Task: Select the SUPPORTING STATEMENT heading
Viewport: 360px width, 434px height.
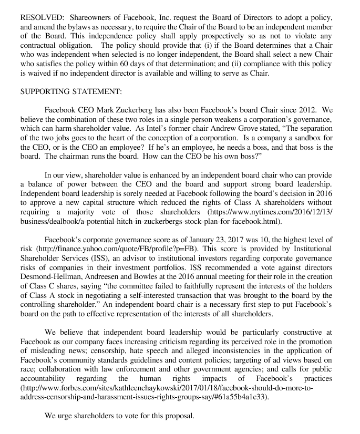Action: (70, 91)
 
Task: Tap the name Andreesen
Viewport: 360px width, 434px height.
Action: (107, 292)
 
